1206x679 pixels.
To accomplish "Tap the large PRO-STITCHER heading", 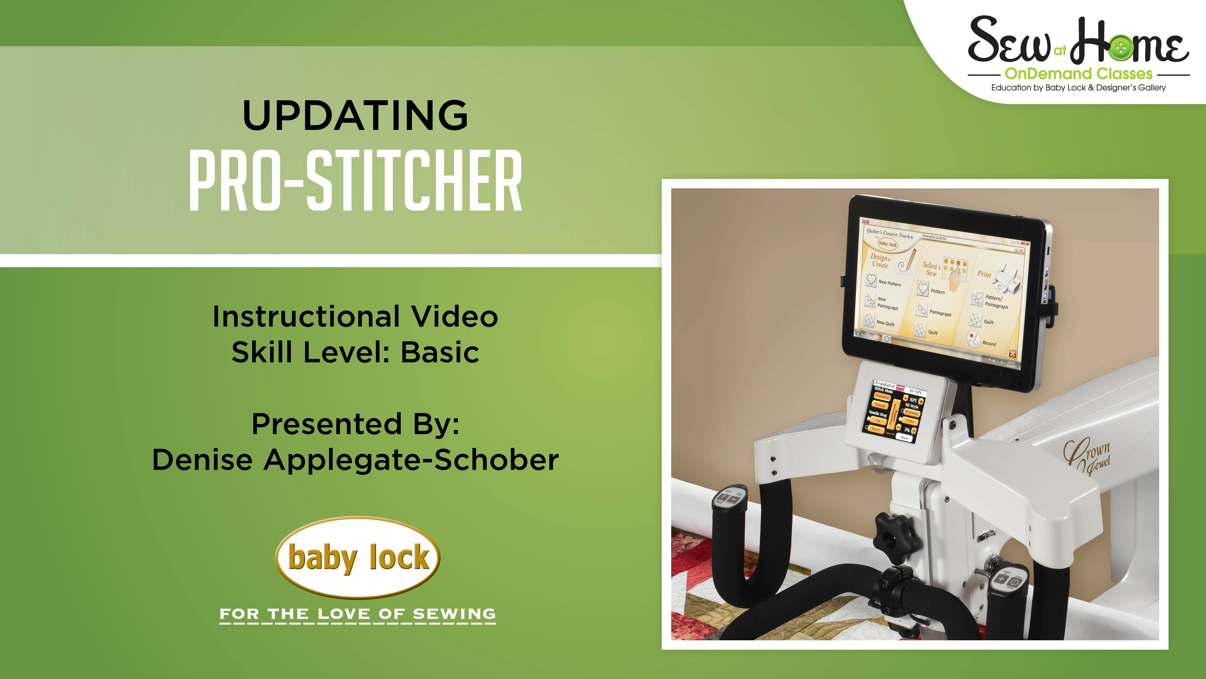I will click(355, 181).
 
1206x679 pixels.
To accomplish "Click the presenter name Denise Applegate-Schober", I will click(355, 460).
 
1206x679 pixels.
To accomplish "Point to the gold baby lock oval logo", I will click(358, 557).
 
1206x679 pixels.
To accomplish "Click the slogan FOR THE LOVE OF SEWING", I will click(358, 614).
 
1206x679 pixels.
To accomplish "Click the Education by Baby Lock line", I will click(1078, 88).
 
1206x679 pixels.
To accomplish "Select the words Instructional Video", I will click(355, 317).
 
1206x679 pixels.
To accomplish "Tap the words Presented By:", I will click(355, 424).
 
